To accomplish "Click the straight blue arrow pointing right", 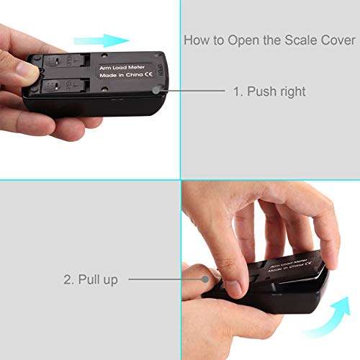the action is (102, 40).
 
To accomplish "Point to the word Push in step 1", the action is (261, 91).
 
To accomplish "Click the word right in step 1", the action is (293, 92).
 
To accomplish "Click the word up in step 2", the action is (110, 281).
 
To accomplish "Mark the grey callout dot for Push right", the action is (156, 91).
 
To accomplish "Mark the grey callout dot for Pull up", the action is (205, 279).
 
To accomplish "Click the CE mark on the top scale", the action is (148, 74).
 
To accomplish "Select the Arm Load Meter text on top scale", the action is (122, 68).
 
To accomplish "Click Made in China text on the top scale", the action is (122, 75).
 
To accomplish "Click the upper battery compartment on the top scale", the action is (66, 60).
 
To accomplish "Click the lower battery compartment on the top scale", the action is (65, 86).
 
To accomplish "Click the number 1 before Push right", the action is (238, 91).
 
